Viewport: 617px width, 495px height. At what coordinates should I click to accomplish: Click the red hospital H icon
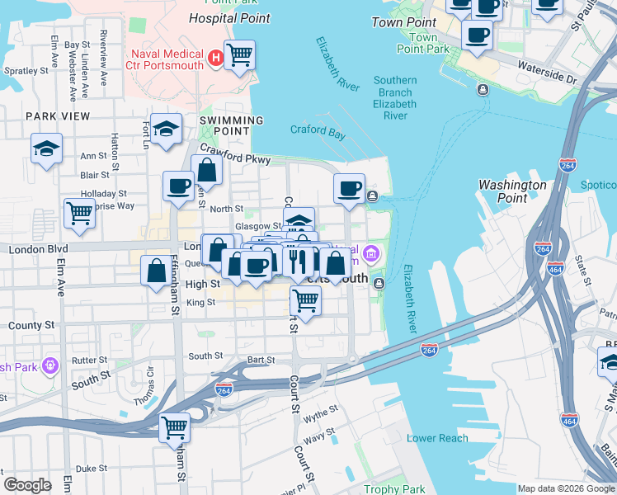point(215,58)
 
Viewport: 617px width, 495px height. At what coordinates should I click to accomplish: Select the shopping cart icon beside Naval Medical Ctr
point(239,56)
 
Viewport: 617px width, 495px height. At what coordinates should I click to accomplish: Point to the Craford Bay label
point(317,130)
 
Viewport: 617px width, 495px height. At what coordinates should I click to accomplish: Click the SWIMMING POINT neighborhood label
point(231,125)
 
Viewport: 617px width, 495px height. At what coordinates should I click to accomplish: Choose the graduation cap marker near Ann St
point(47,149)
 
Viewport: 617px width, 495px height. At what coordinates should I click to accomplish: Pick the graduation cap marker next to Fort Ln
point(167,129)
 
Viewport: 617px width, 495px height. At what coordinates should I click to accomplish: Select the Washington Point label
point(513,191)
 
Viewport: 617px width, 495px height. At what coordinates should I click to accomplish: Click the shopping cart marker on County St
point(305,302)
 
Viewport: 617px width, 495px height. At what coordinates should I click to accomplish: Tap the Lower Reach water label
point(436,438)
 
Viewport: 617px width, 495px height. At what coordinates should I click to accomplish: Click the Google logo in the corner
point(28,485)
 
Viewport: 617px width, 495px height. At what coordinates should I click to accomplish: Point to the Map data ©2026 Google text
point(565,488)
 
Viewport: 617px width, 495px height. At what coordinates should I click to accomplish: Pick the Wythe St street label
point(322,409)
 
